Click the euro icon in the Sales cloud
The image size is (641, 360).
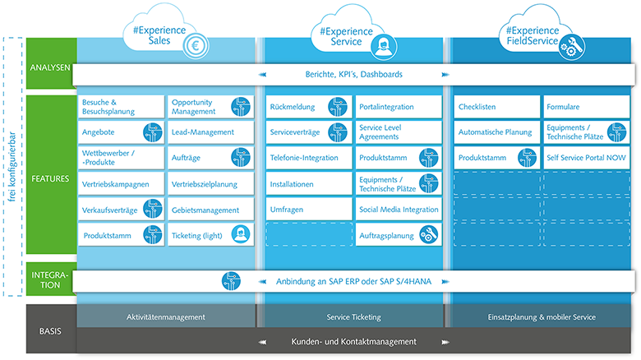pyautogui.click(x=196, y=46)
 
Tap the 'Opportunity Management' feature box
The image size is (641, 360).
pyautogui.click(x=209, y=106)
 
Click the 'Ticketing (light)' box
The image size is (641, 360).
pyautogui.click(x=209, y=235)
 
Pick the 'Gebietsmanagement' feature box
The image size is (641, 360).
pyautogui.click(x=209, y=210)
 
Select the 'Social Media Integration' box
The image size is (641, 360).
pyautogui.click(x=399, y=210)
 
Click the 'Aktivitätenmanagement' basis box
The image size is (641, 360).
pyautogui.click(x=166, y=316)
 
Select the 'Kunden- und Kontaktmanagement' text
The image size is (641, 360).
pyautogui.click(x=353, y=341)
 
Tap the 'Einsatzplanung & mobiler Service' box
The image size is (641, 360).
pyautogui.click(x=540, y=316)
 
